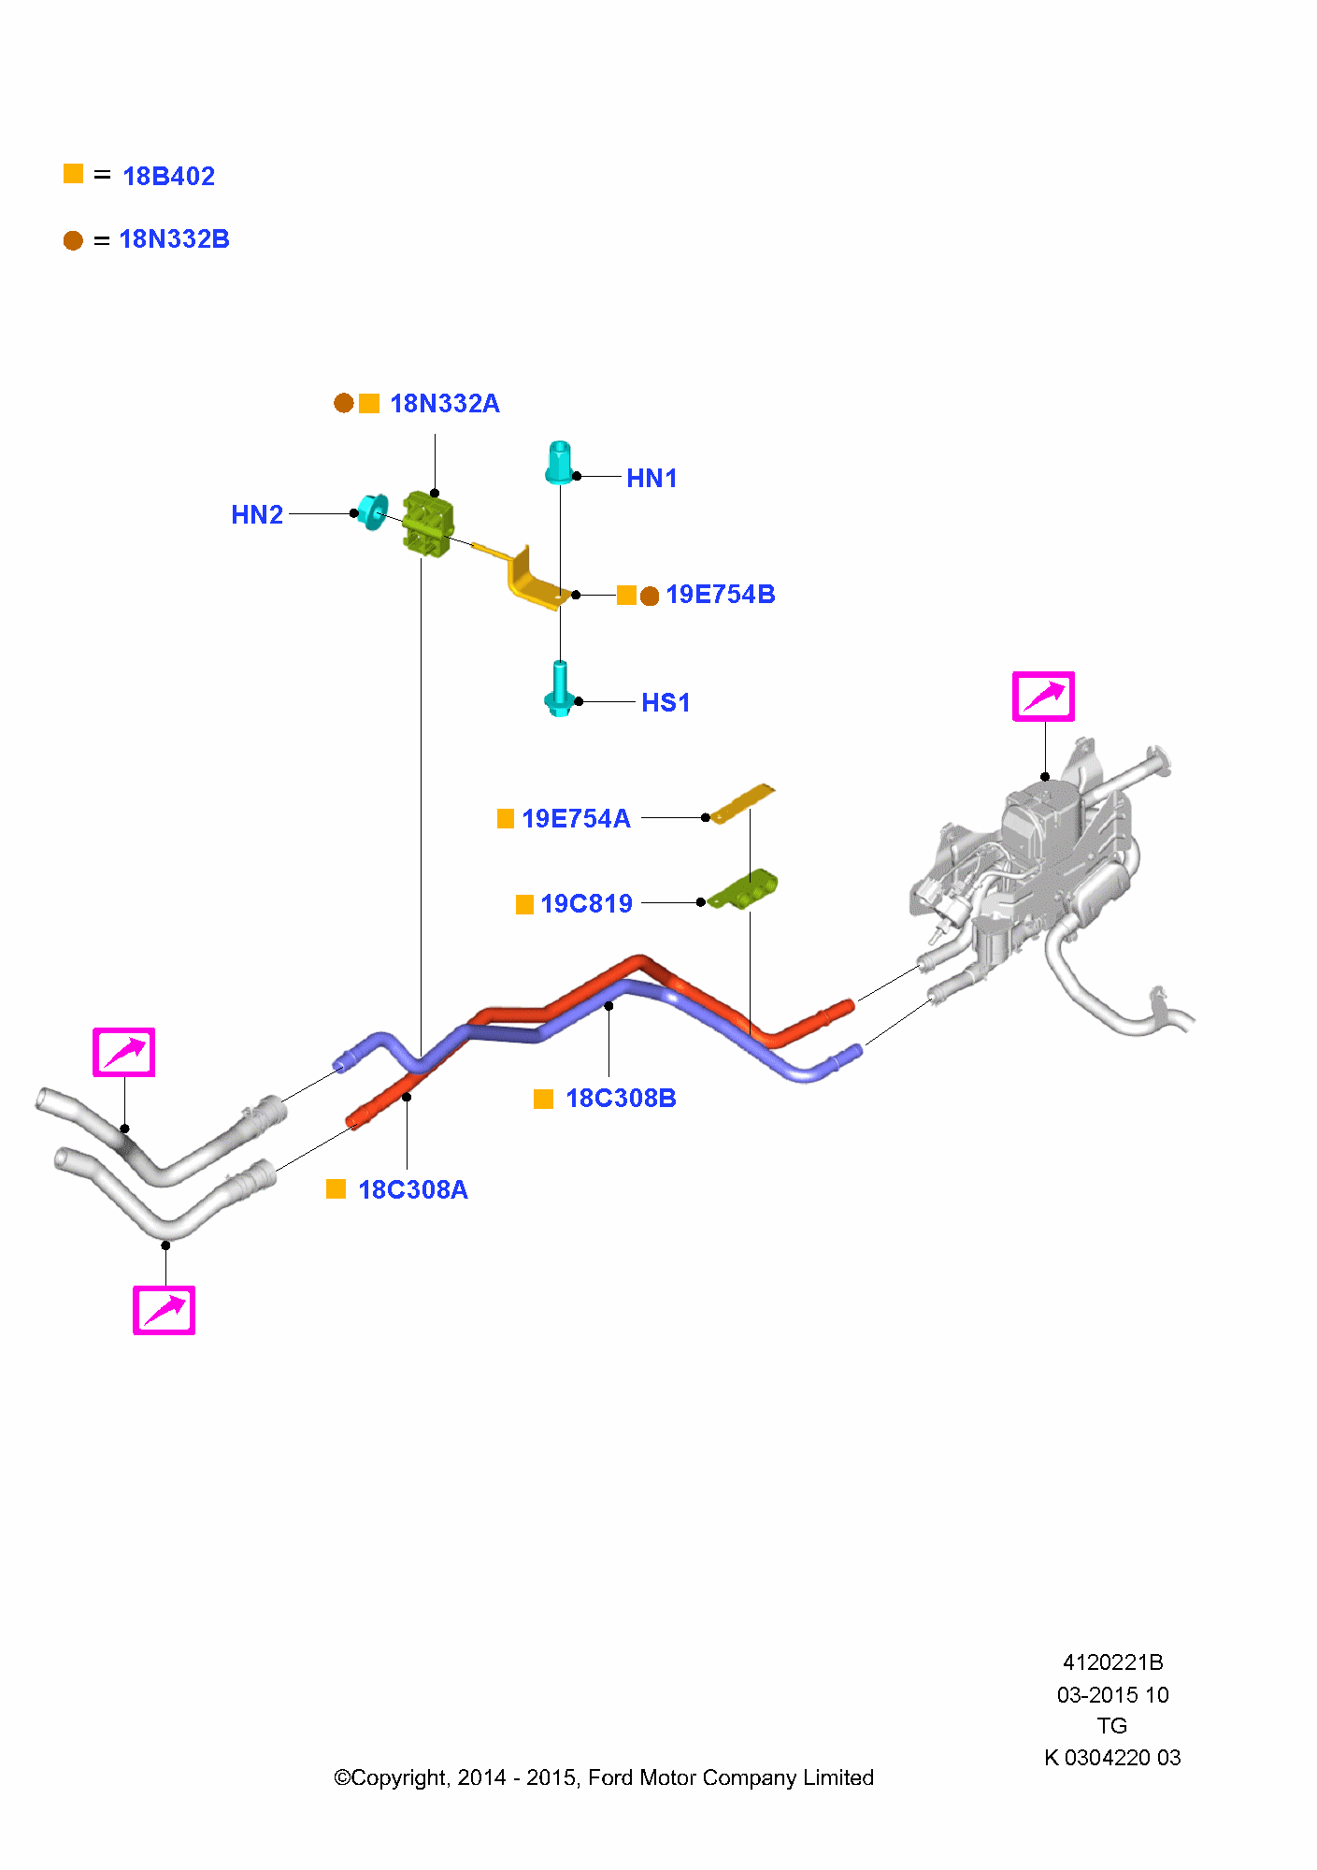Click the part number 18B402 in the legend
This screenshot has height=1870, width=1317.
pyautogui.click(x=168, y=176)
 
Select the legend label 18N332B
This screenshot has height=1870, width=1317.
pyautogui.click(x=174, y=239)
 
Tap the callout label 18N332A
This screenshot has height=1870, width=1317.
pyautogui.click(x=444, y=404)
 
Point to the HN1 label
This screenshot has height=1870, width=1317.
pyautogui.click(x=651, y=479)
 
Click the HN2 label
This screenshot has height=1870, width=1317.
pyautogui.click(x=257, y=515)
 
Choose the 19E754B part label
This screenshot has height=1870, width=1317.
pyautogui.click(x=720, y=595)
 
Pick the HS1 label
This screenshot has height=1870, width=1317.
pyautogui.click(x=666, y=703)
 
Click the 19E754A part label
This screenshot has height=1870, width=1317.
pyautogui.click(x=576, y=819)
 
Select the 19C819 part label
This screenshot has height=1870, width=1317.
pyautogui.click(x=586, y=904)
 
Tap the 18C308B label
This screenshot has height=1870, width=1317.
pyautogui.click(x=621, y=1099)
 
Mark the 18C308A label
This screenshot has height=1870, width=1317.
pyautogui.click(x=413, y=1190)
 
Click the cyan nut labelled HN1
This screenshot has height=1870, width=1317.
pyautogui.click(x=559, y=463)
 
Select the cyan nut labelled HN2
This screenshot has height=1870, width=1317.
pyautogui.click(x=373, y=511)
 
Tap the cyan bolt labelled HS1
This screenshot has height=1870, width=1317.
pyautogui.click(x=559, y=689)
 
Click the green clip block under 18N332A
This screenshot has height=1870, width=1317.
pyautogui.click(x=428, y=525)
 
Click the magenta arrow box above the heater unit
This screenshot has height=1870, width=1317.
pyautogui.click(x=1043, y=697)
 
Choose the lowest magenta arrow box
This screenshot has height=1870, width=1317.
pyautogui.click(x=164, y=1310)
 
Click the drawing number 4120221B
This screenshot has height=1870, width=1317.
pyautogui.click(x=1112, y=1662)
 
